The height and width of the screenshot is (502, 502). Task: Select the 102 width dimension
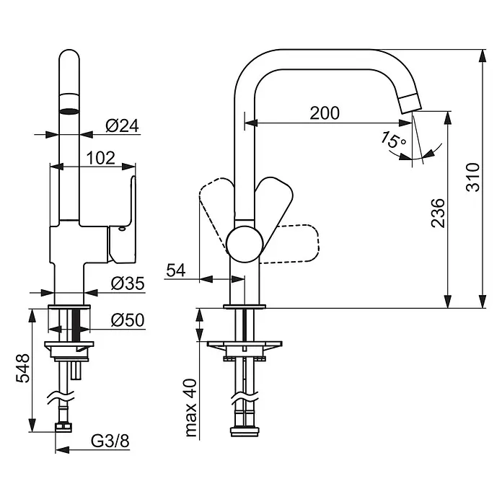tap(100, 157)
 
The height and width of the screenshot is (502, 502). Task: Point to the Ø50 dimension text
tap(128, 319)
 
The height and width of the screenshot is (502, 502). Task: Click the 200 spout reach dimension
tap(325, 113)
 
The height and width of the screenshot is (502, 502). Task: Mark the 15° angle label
tap(394, 141)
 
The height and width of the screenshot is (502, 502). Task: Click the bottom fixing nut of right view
tap(245, 433)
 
